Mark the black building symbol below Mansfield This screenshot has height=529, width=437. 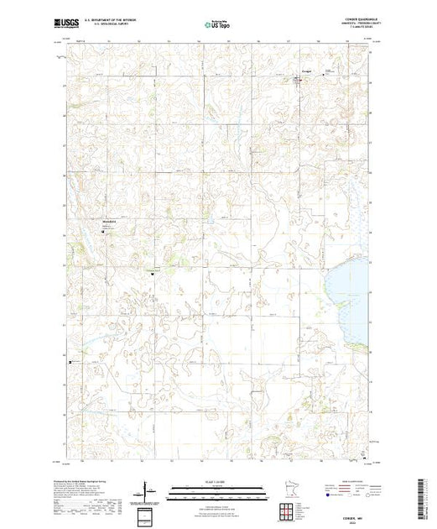point(107,237)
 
